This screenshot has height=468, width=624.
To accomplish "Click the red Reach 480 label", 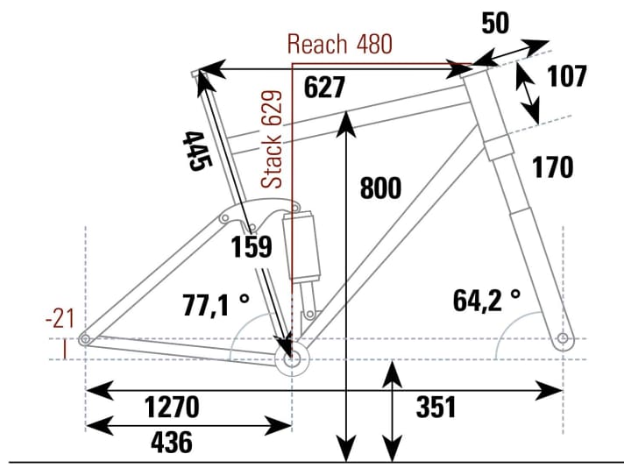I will point(340,45).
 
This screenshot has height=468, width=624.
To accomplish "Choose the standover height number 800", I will point(379,188).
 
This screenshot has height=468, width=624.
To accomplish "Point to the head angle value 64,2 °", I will point(486,301).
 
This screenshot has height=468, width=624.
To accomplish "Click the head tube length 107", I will point(566,76).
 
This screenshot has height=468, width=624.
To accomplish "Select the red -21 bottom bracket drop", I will point(60,320).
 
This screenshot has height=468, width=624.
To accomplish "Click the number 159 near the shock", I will point(252,248).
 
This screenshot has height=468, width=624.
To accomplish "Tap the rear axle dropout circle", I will point(85,339).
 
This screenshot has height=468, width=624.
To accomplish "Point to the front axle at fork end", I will point(563,339).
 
